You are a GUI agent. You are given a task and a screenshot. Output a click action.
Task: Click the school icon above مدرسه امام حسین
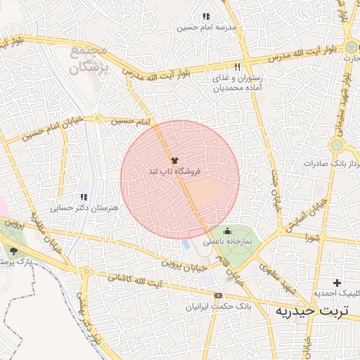pyautogui.click(x=205, y=16)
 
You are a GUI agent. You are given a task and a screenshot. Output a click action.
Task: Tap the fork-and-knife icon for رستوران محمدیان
pyautogui.click(x=238, y=67)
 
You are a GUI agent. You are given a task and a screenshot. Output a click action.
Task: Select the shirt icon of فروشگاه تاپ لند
pyautogui.click(x=174, y=161)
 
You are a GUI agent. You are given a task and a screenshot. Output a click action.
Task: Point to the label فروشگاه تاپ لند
pyautogui.click(x=172, y=172)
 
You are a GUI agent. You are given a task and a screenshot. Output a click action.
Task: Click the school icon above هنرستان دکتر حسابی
pyautogui.click(x=84, y=198)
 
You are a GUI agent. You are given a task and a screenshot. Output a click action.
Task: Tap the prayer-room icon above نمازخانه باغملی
pyautogui.click(x=227, y=231)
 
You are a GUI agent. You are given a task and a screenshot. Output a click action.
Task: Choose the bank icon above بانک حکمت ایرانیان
pyautogui.click(x=218, y=296)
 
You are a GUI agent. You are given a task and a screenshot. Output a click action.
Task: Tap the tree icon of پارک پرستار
pyautogui.click(x=13, y=250)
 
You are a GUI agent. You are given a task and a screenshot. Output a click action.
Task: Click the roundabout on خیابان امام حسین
pyautogui.click(x=98, y=118)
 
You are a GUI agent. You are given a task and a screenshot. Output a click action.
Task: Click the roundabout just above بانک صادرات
pyautogui.click(x=337, y=145)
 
